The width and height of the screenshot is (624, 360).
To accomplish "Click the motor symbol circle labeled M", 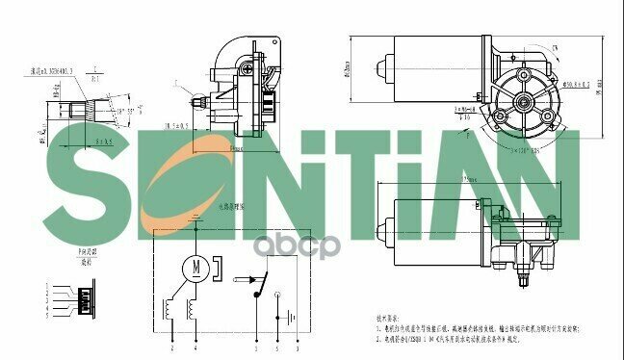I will click(x=195, y=266).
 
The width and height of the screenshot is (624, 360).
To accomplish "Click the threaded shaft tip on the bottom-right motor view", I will click(x=521, y=281).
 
